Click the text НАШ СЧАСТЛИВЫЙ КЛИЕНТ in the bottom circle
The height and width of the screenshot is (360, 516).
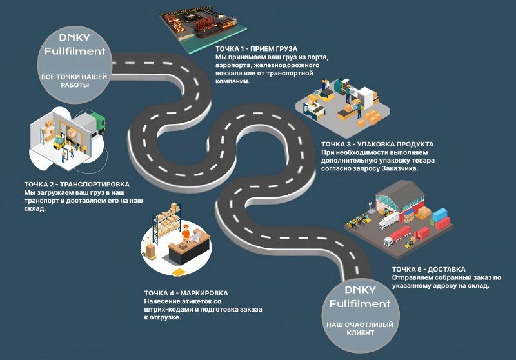(x=360, y=328)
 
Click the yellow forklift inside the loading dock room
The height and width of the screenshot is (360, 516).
(x=60, y=143)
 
